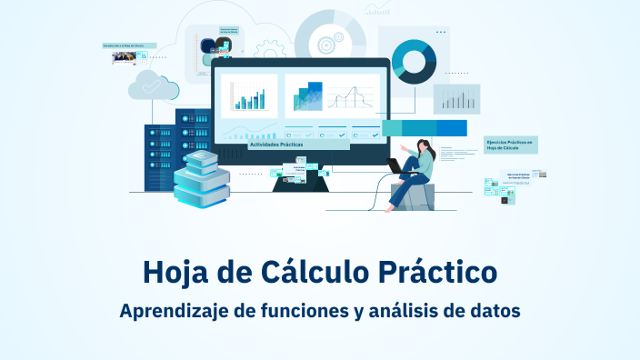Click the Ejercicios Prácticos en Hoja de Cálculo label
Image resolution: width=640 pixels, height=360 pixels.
[x=511, y=145]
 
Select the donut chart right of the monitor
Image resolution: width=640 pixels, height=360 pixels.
[x=415, y=61]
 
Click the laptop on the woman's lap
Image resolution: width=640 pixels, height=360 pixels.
[x=396, y=165]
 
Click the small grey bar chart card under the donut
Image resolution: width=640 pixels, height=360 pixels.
[x=455, y=98]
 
